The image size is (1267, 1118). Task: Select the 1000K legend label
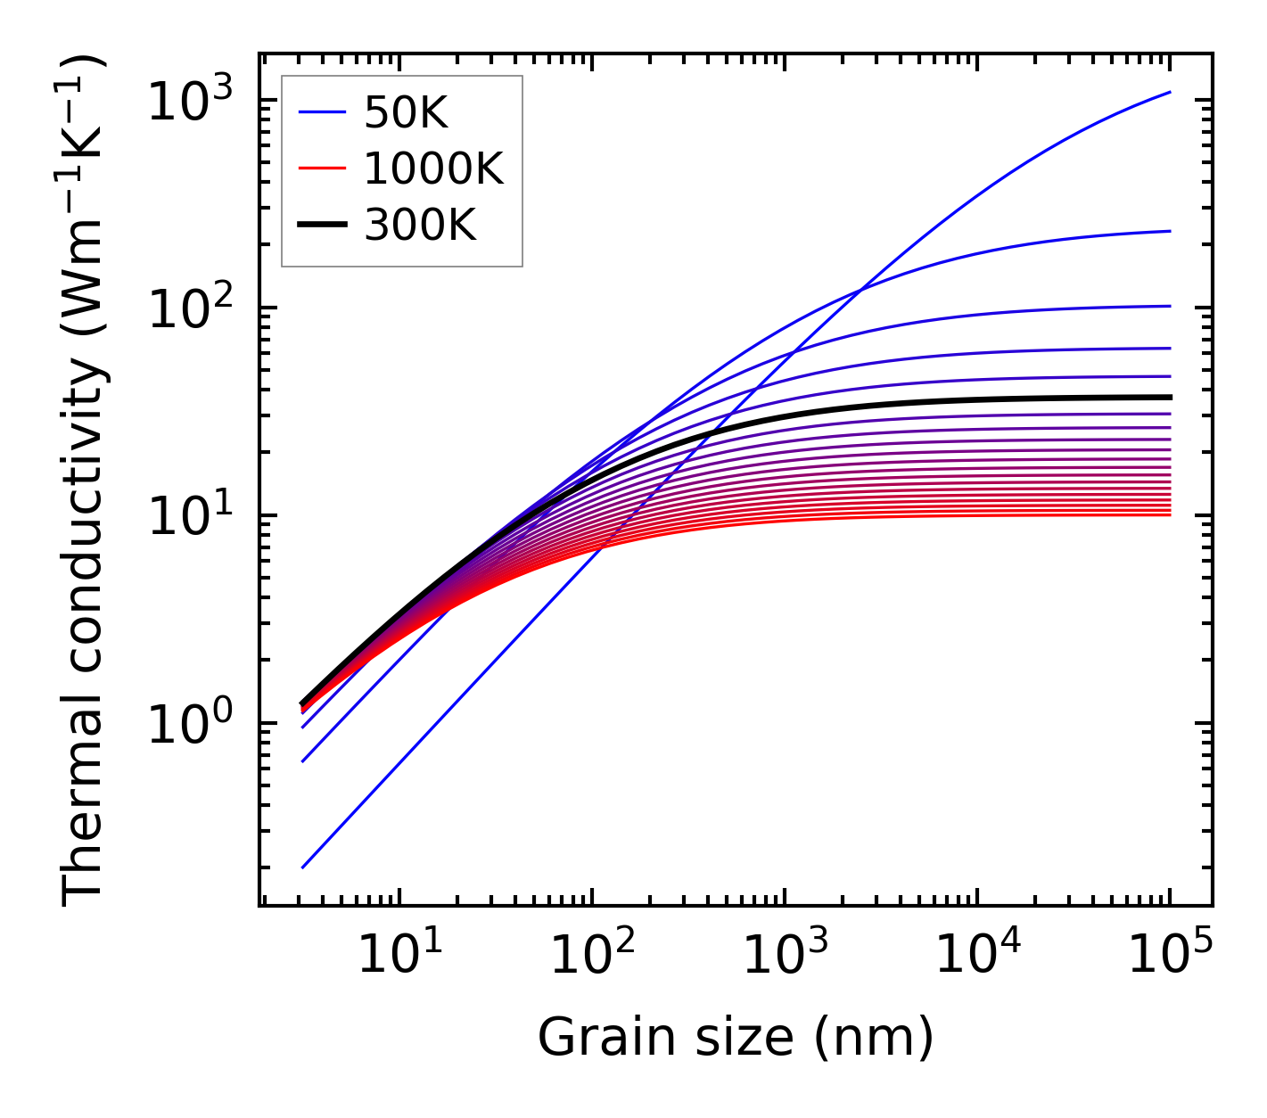(x=433, y=169)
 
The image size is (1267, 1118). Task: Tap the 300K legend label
(x=420, y=226)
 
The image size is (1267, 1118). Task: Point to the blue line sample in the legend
(x=322, y=112)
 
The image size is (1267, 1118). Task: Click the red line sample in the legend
(x=322, y=169)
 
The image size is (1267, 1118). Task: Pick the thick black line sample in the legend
(x=322, y=226)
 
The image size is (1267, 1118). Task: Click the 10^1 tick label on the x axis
(x=399, y=956)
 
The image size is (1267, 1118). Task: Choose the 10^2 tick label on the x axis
(x=591, y=956)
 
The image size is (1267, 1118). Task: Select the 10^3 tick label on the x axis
(x=784, y=956)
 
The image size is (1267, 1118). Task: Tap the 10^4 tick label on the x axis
(x=977, y=956)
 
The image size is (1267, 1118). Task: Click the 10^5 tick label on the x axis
(x=1170, y=956)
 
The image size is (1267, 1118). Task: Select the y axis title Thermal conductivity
(x=85, y=480)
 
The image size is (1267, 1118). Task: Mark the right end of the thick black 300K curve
(x=1170, y=397)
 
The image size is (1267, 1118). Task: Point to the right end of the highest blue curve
(x=1170, y=92)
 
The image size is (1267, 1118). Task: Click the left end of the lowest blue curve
(x=303, y=867)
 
